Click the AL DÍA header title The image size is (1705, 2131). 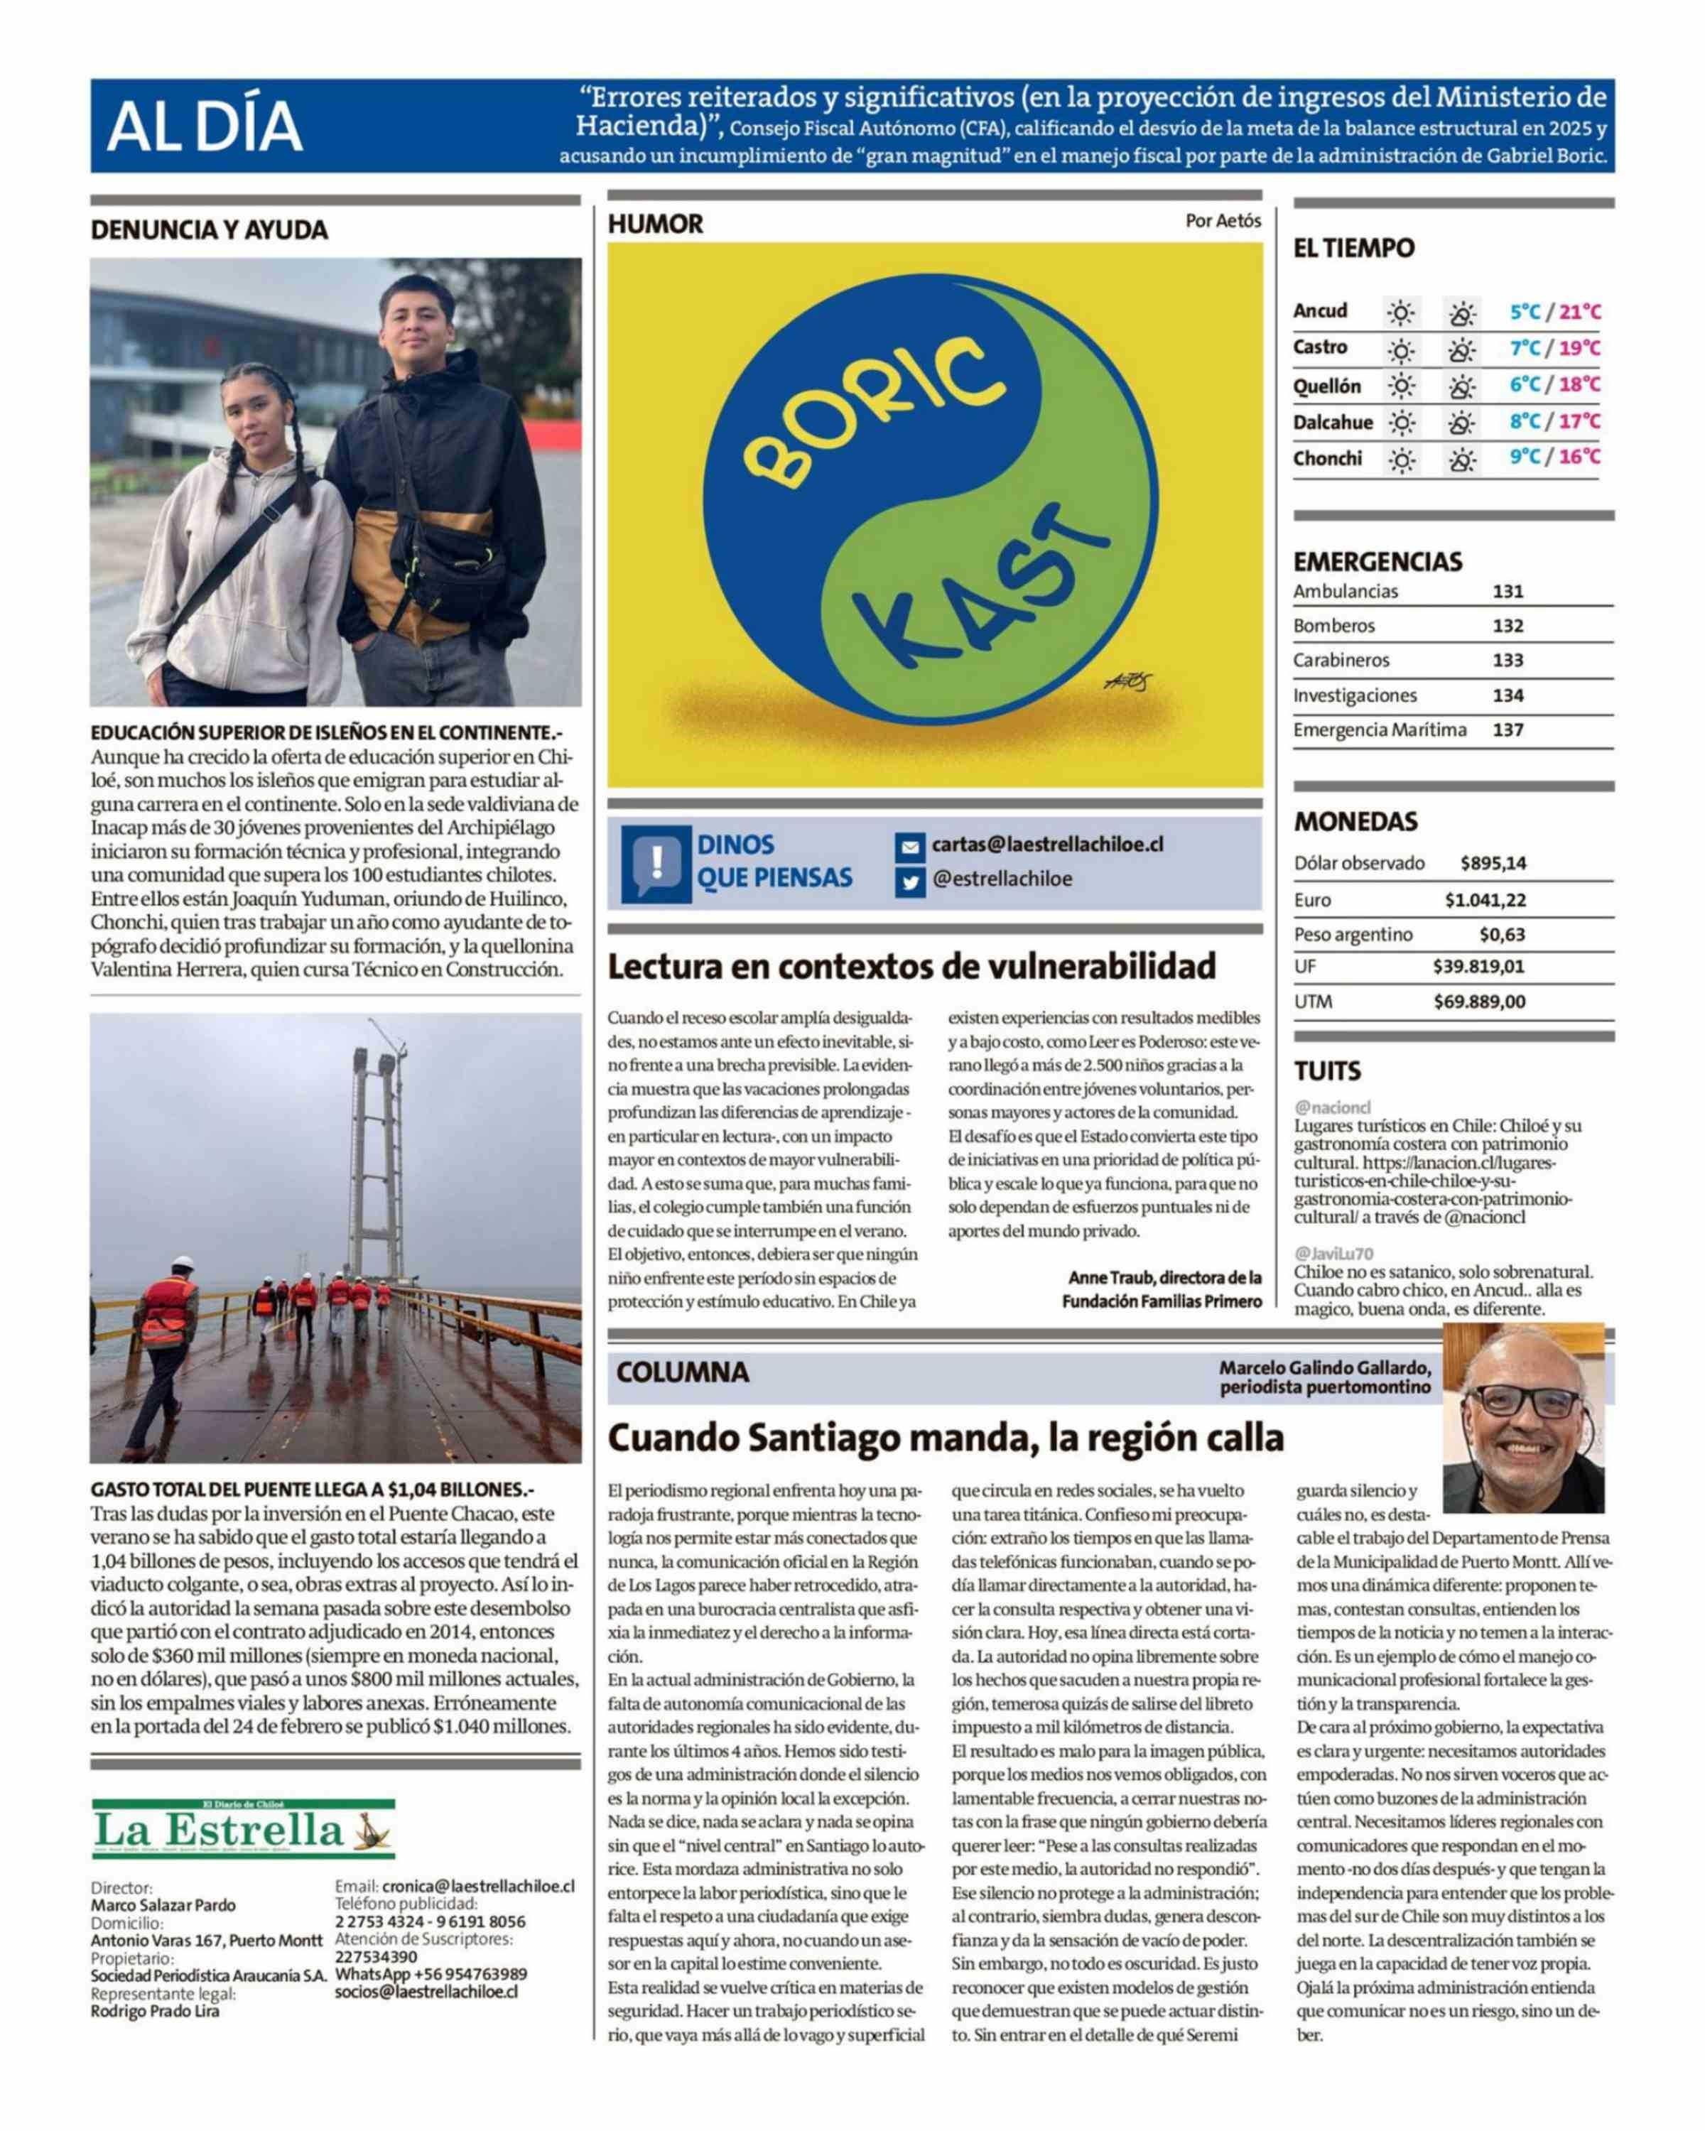[204, 126]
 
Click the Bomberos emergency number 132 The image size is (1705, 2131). [1508, 626]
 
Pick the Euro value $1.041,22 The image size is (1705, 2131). [1485, 899]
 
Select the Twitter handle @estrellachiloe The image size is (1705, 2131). [1001, 879]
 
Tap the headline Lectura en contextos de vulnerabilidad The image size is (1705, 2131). [910, 965]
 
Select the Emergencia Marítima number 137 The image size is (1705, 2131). [1508, 730]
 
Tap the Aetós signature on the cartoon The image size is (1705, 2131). [1127, 681]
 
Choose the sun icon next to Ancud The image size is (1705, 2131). [1400, 313]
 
